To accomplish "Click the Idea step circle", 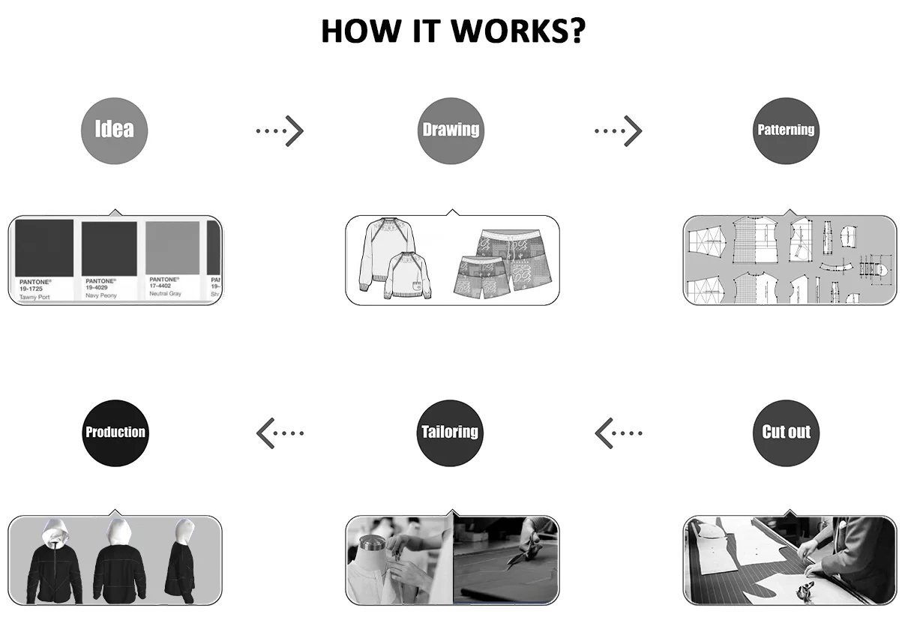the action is pyautogui.click(x=114, y=130).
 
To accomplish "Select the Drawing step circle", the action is pyautogui.click(x=450, y=130).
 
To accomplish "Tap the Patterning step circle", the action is pyautogui.click(x=786, y=130).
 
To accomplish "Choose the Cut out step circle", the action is pyautogui.click(x=786, y=432).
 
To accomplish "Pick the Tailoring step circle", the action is pyautogui.click(x=450, y=432).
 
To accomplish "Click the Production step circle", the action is pyautogui.click(x=115, y=432).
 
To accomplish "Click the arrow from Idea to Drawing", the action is pyautogui.click(x=280, y=130).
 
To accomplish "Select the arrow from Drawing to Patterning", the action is pyautogui.click(x=619, y=130).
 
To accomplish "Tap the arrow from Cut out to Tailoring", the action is pyautogui.click(x=619, y=433).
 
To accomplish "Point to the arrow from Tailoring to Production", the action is pyautogui.click(x=280, y=433).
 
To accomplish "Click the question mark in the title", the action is pyautogui.click(x=574, y=31).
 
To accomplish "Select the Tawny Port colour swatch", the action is pyautogui.click(x=44, y=248).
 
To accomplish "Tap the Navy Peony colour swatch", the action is pyautogui.click(x=109, y=248).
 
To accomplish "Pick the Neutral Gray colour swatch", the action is pyautogui.click(x=173, y=248).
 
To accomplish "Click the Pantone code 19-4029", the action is pyautogui.click(x=101, y=287).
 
